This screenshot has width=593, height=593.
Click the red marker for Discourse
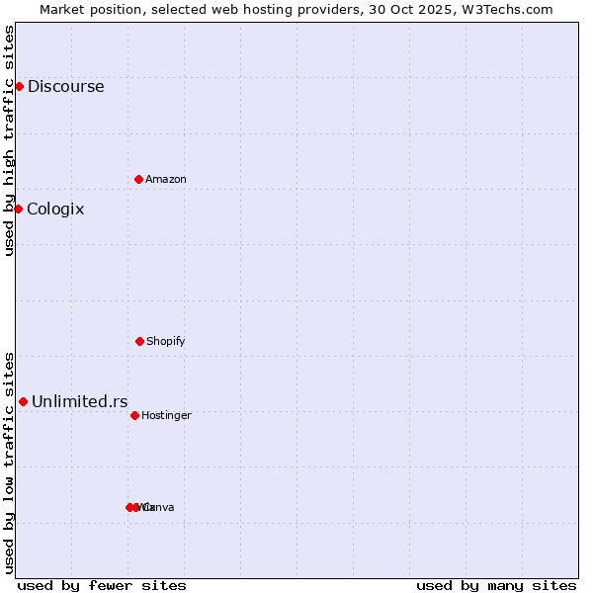[x=19, y=86]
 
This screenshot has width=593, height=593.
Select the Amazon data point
[x=138, y=179]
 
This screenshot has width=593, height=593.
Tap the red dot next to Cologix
[x=18, y=209]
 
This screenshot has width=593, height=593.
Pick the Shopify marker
[x=139, y=341]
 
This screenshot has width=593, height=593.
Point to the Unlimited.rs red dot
[x=23, y=401]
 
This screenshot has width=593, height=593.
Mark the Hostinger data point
[x=134, y=415]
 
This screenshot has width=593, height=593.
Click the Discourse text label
[x=65, y=86]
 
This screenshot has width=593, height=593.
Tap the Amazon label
[x=166, y=179]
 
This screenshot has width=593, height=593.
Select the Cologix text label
[x=55, y=209]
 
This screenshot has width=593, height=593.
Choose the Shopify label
[x=166, y=341]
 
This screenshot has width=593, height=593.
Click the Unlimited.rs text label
[x=80, y=401]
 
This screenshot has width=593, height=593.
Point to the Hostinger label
[x=166, y=415]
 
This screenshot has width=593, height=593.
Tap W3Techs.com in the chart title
[x=507, y=9]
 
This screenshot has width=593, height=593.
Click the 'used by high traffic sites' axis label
[x=9, y=140]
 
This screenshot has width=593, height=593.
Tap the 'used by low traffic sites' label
[x=9, y=463]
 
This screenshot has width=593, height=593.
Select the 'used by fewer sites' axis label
[x=102, y=585]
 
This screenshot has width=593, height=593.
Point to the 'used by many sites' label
[x=496, y=585]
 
